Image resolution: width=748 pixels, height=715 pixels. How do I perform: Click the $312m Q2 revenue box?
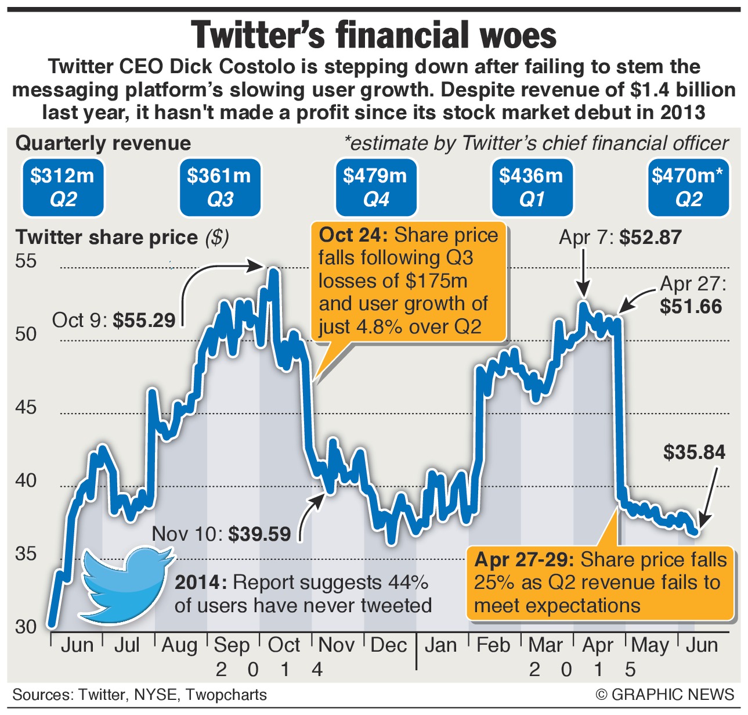(x=63, y=187)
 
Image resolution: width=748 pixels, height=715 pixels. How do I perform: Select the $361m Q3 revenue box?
(x=219, y=187)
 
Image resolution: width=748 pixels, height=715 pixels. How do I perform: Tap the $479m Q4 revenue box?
(x=376, y=187)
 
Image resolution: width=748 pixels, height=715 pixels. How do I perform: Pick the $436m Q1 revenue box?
(x=532, y=187)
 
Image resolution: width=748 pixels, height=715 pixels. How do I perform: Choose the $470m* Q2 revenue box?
(x=688, y=187)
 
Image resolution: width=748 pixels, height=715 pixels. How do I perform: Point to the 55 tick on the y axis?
(x=26, y=261)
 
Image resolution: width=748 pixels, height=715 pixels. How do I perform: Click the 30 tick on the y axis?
(x=26, y=627)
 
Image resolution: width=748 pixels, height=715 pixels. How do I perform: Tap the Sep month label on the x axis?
(x=232, y=645)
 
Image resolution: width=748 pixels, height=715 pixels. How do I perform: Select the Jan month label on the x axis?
(x=441, y=645)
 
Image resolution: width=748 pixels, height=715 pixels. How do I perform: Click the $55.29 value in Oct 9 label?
(x=144, y=320)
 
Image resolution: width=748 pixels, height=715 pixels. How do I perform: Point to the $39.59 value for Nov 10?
(x=259, y=534)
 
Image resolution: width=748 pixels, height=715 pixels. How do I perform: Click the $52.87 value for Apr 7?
(x=651, y=237)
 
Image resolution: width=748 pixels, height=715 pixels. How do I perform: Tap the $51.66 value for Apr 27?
(x=691, y=306)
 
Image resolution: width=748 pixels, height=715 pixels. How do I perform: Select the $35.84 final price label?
(x=694, y=452)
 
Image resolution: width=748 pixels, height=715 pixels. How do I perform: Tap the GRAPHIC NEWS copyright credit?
(x=665, y=694)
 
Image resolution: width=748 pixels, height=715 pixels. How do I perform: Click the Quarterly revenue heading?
(x=103, y=143)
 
